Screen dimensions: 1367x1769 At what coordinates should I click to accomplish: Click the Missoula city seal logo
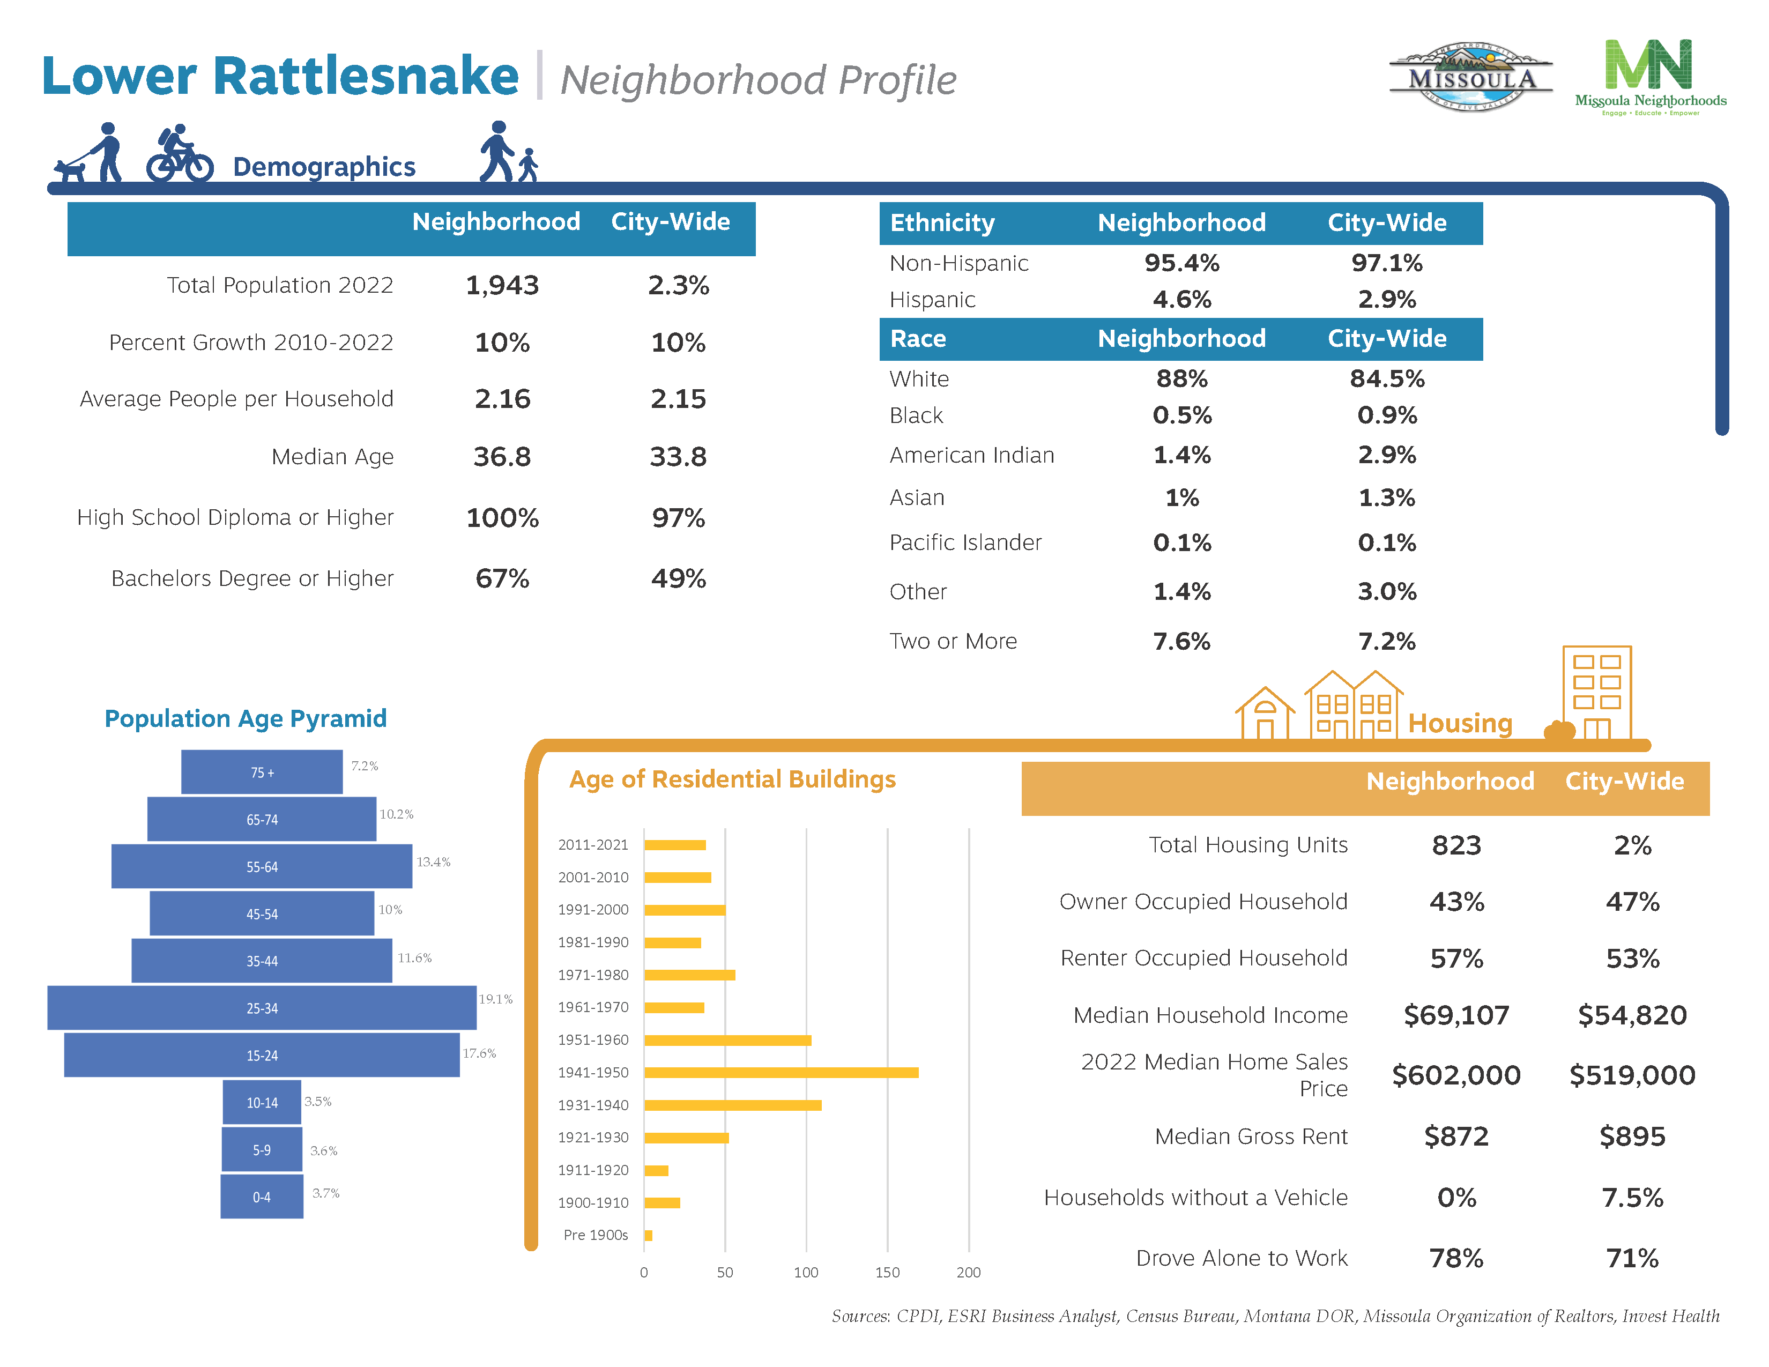click(1470, 78)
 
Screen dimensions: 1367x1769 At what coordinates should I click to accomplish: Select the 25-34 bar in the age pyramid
click(262, 1007)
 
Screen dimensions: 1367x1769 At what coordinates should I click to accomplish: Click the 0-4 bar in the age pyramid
click(262, 1196)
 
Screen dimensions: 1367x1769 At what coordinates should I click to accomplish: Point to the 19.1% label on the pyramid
click(496, 999)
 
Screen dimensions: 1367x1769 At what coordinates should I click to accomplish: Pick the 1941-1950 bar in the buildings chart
click(781, 1072)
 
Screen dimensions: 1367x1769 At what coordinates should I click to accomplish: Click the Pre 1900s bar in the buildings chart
click(648, 1235)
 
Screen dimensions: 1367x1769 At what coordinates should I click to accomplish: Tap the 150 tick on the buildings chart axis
click(887, 1272)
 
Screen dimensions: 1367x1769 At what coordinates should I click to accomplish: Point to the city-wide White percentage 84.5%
click(1387, 378)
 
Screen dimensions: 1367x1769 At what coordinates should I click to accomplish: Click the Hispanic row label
click(932, 300)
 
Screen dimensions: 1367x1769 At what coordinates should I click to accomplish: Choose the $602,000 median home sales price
click(1455, 1075)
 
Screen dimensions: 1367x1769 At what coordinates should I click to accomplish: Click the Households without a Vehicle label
click(1195, 1197)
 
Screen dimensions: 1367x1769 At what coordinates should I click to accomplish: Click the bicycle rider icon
click(180, 154)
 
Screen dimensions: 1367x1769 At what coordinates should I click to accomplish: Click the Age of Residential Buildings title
click(732, 779)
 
